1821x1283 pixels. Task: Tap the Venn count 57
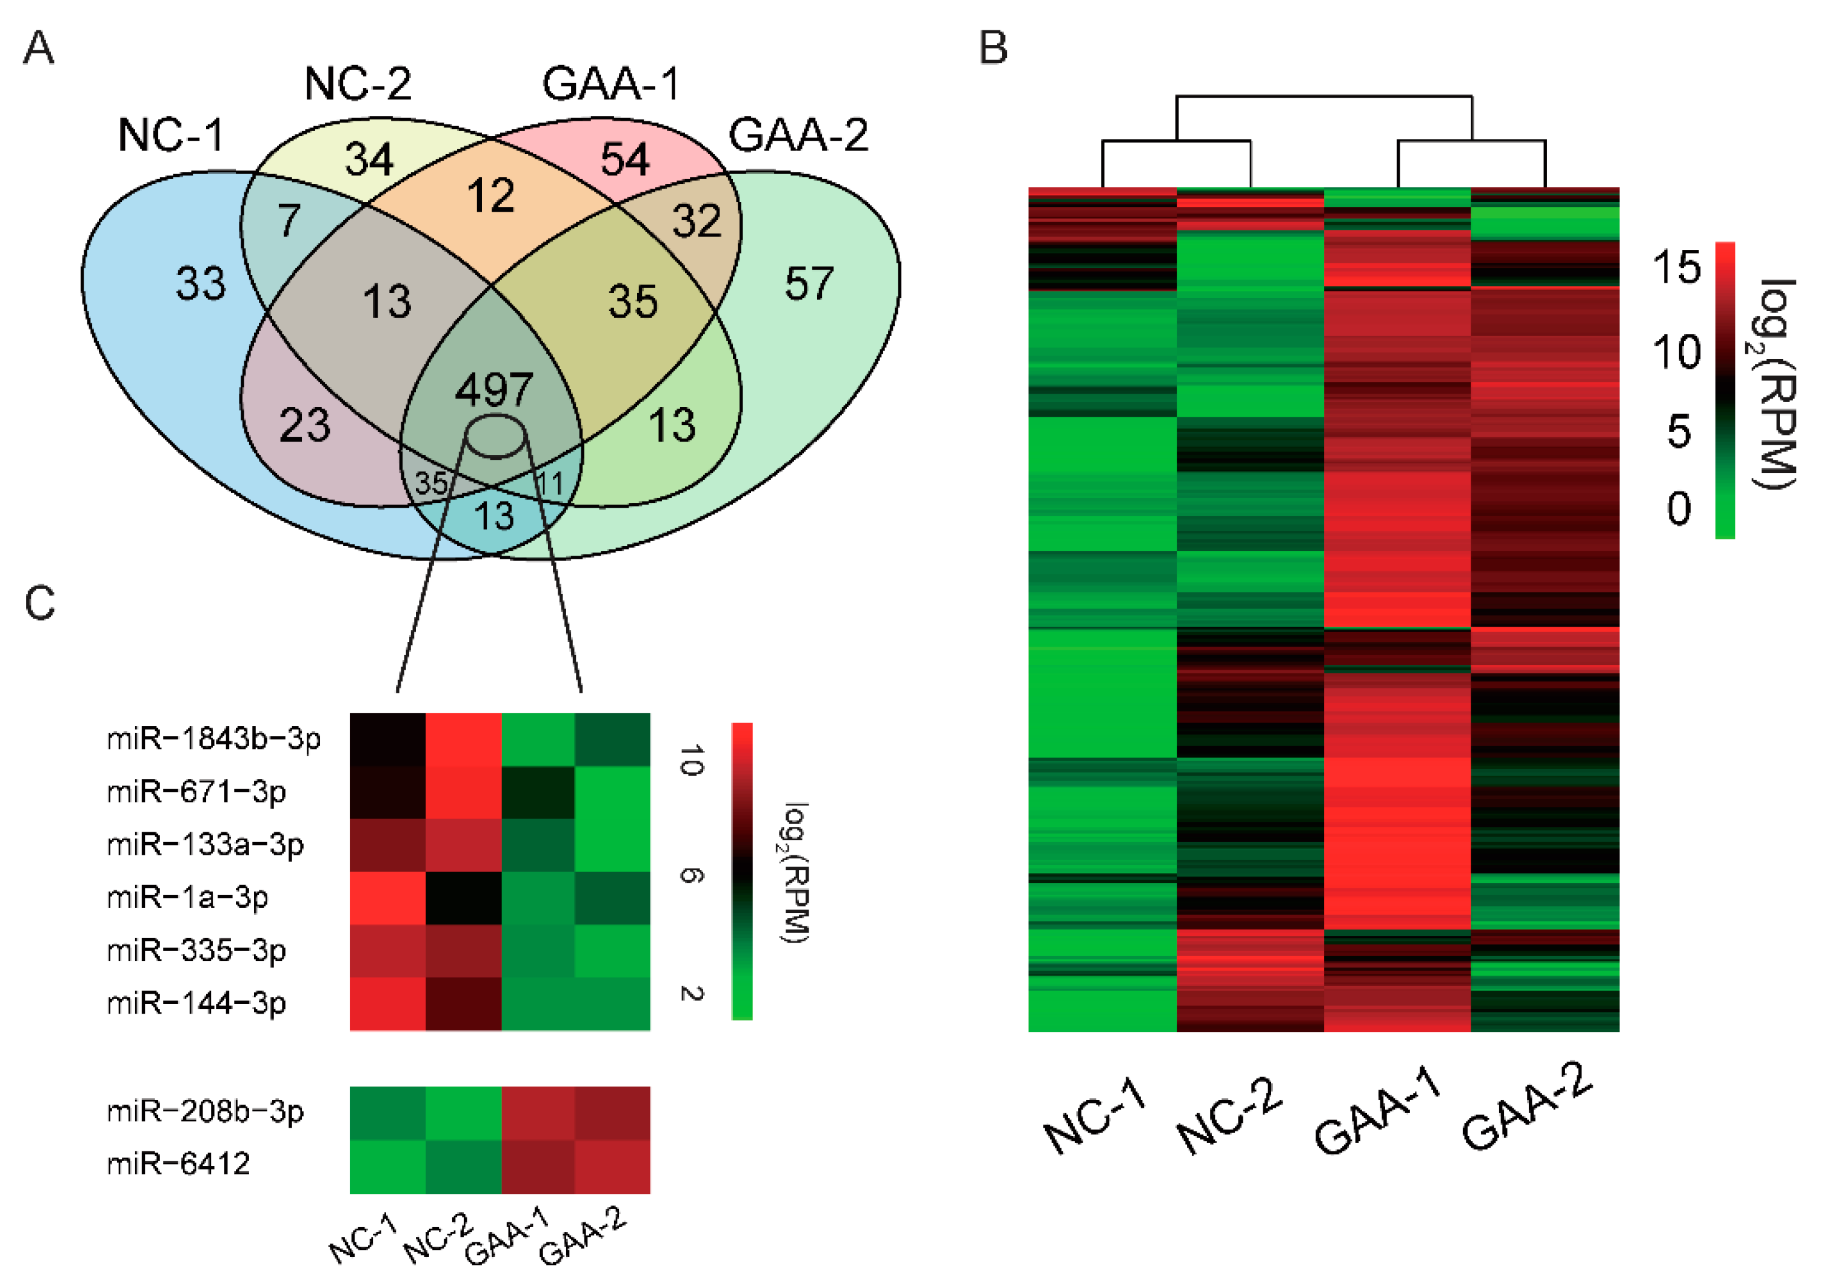point(809,283)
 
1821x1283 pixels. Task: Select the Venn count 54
point(625,159)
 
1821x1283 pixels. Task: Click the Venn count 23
point(304,425)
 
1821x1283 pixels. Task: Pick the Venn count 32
point(697,221)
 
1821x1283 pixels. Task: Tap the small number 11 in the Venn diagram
point(550,483)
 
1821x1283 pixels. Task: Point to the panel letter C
point(39,603)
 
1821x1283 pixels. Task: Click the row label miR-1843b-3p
point(213,739)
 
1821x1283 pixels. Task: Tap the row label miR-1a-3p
point(188,897)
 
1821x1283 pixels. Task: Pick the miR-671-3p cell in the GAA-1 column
point(538,792)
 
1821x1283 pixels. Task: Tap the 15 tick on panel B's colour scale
point(1676,268)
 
